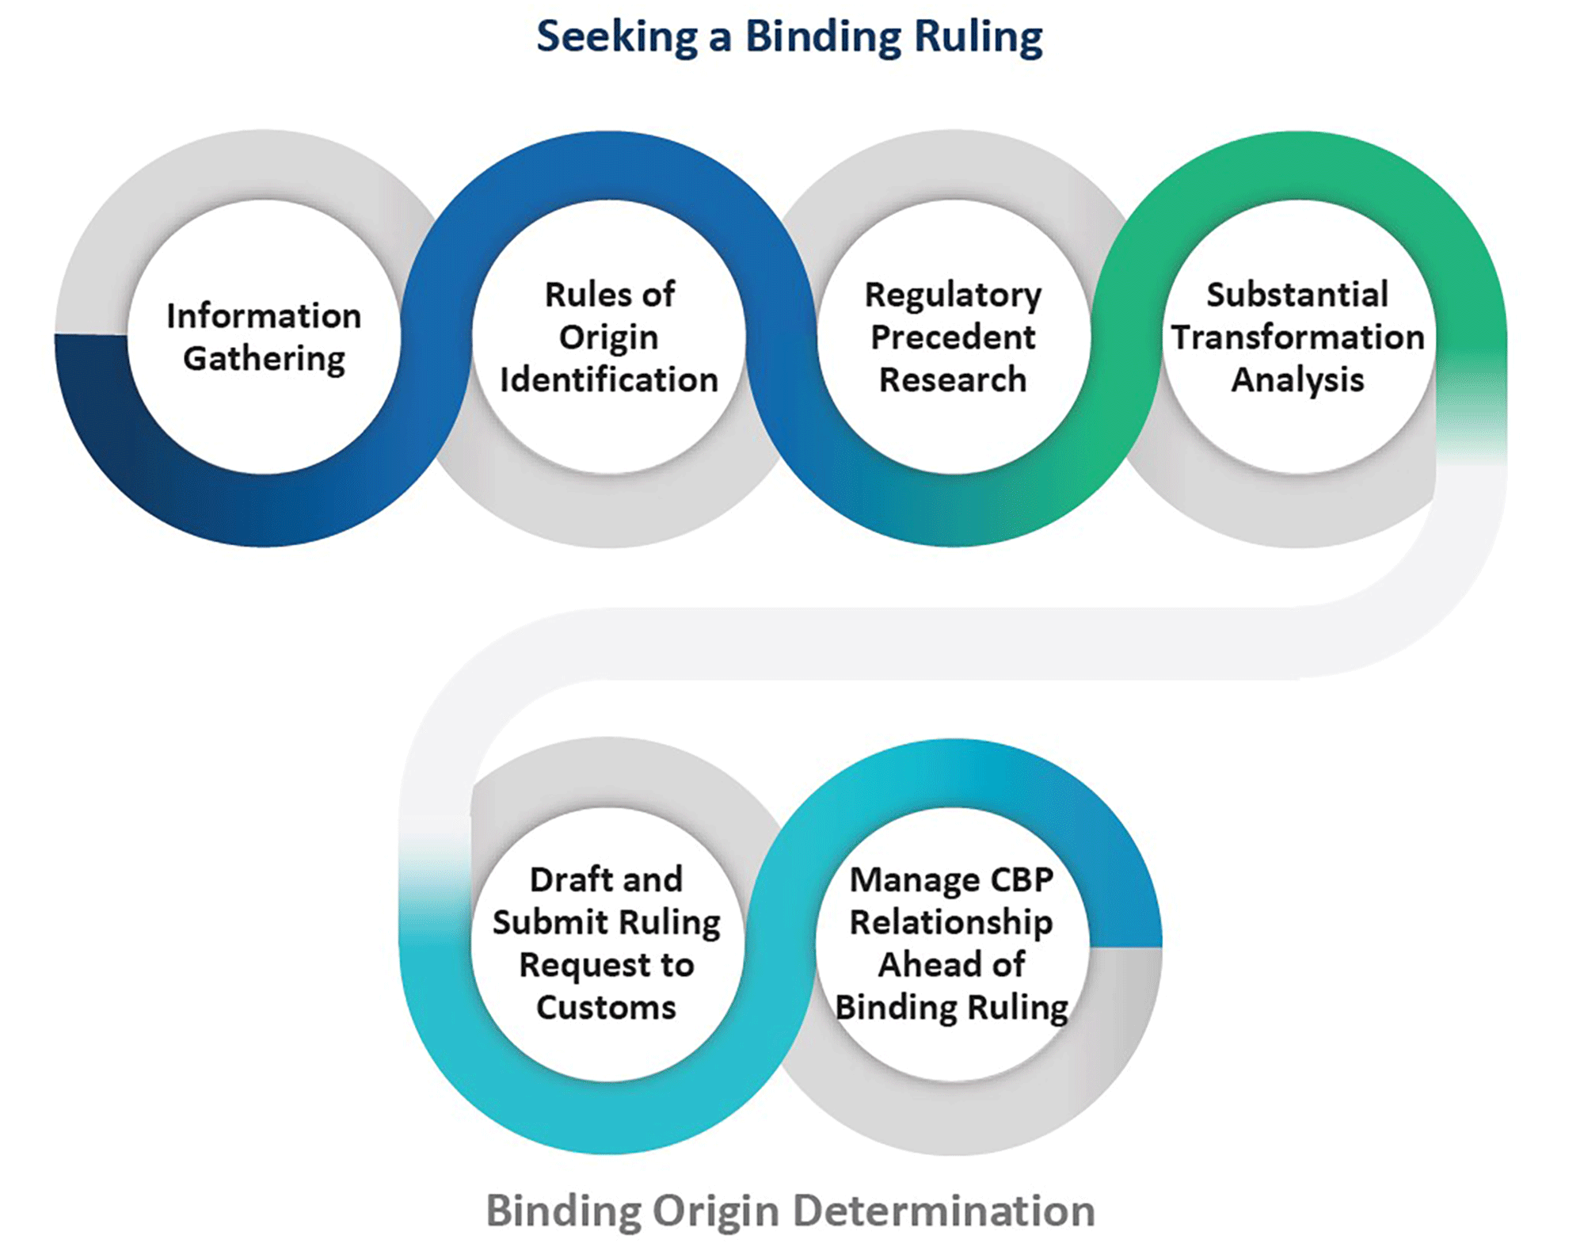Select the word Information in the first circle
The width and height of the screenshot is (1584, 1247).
(264, 315)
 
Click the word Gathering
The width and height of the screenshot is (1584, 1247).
(264, 359)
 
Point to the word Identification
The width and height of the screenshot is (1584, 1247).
(608, 379)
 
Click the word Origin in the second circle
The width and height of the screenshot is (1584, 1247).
(608, 337)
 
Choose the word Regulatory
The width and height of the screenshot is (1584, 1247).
(953, 296)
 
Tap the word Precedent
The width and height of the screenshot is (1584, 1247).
(953, 337)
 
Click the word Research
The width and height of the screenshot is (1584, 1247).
(953, 379)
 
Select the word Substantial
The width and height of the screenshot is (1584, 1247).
(1297, 295)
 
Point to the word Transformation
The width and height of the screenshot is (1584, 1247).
(1297, 337)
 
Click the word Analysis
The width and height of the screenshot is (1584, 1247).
(1297, 380)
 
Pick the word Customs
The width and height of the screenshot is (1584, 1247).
(606, 1008)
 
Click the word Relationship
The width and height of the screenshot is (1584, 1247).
(951, 922)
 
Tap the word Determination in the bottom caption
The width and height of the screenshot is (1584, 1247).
(944, 1211)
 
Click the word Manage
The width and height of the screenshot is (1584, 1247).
(904, 880)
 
